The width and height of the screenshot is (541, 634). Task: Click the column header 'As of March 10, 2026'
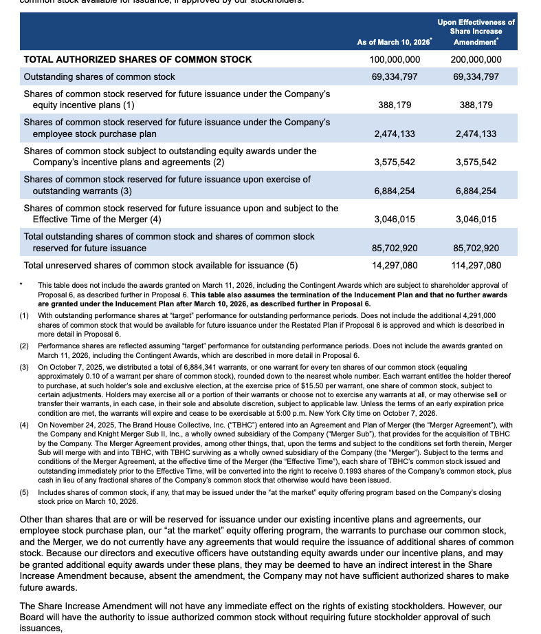[x=394, y=42]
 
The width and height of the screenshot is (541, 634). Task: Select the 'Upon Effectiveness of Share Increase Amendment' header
[x=476, y=32]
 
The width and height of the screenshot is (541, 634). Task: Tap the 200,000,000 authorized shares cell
[x=476, y=59]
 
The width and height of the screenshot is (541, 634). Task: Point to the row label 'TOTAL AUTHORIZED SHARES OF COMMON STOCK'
[x=138, y=59]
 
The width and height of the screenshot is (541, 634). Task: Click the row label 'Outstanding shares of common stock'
[x=100, y=76]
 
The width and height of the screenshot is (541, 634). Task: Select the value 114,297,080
[x=476, y=265]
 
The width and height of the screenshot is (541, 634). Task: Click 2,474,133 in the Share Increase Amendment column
[x=476, y=134]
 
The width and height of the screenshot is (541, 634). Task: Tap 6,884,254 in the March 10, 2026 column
[x=395, y=191]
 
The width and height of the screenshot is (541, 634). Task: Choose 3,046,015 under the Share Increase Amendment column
[x=476, y=220]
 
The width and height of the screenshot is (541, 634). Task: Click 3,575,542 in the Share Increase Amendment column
[x=476, y=162]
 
